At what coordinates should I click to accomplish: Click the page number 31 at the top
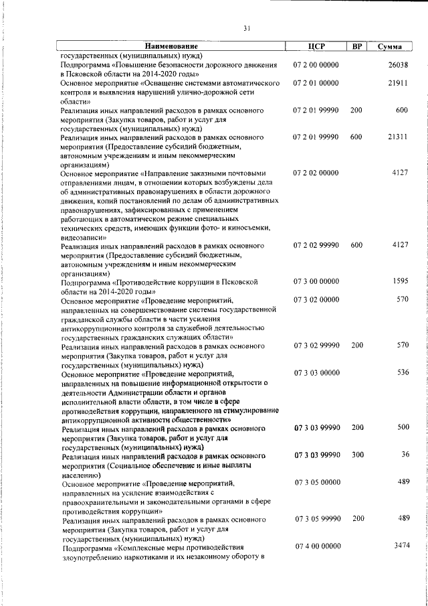[247, 28]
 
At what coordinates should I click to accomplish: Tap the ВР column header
[356, 46]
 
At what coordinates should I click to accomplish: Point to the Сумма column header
[389, 46]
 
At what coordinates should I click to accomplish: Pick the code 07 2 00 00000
[316, 65]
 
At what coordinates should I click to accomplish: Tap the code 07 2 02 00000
[316, 173]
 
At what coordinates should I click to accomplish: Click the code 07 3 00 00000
[316, 281]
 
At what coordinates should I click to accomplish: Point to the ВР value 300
[356, 455]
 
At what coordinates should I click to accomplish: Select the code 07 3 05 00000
[317, 482]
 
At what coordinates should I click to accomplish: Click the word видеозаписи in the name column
[83, 237]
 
